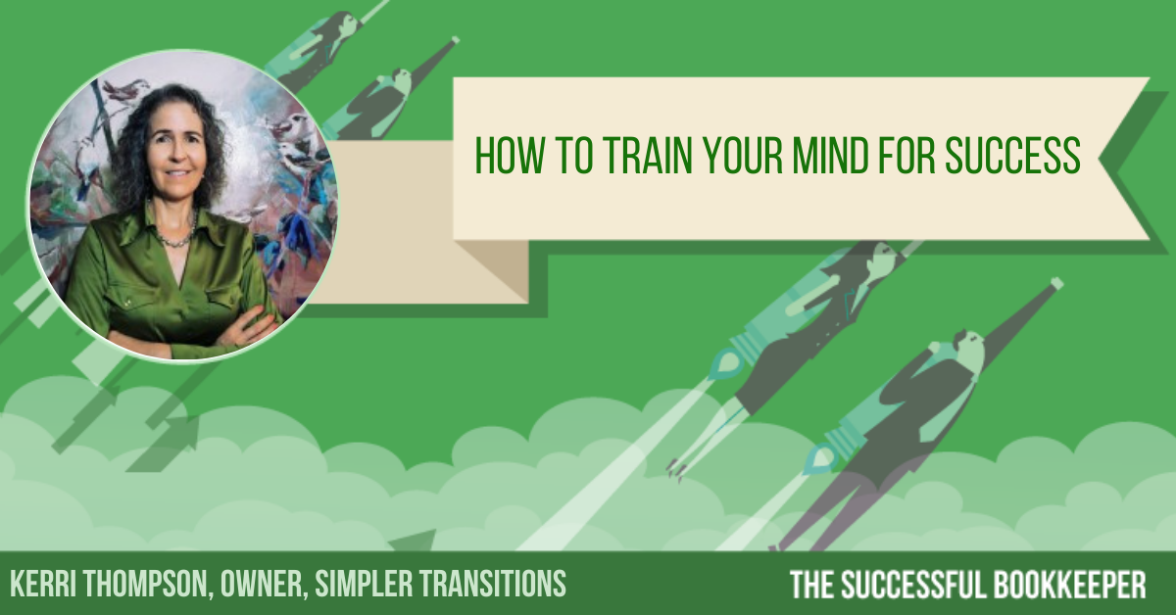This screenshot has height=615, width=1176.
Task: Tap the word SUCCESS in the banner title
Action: [1012, 156]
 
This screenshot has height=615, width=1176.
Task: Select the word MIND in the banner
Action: [830, 156]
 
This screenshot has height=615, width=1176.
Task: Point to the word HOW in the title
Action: [510, 156]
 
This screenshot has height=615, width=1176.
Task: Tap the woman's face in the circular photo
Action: [175, 150]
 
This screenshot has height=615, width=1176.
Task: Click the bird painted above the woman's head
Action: [126, 90]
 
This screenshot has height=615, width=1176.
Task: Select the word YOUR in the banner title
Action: [743, 156]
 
